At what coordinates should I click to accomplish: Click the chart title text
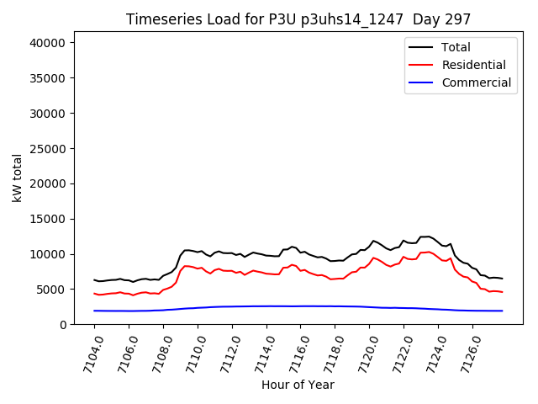298,19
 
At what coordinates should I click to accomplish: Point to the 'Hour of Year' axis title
298,385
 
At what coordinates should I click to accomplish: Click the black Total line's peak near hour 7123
428,237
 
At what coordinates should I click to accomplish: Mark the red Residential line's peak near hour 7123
428,252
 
